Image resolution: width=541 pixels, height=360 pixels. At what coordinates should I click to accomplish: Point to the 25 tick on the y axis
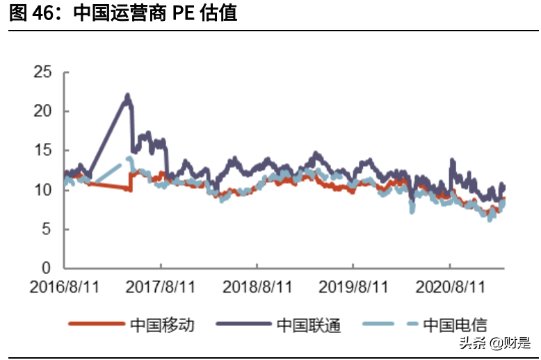click(x=42, y=72)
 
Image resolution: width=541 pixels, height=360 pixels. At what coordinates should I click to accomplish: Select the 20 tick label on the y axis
click(x=42, y=111)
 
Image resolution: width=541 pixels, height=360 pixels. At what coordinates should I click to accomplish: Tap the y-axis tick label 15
click(x=42, y=150)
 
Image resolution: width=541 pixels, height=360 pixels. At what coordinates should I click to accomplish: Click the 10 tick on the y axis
click(x=42, y=190)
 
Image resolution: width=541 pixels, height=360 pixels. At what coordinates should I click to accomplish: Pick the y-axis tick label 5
click(x=47, y=229)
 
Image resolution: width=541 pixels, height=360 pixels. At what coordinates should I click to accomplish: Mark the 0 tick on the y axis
click(x=47, y=268)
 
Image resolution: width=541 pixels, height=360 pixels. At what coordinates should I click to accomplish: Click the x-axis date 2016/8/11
click(x=64, y=286)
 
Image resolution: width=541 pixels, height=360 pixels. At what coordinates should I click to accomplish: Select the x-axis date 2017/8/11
click(x=161, y=286)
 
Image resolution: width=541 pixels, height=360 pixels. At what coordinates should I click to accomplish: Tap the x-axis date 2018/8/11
click(x=257, y=286)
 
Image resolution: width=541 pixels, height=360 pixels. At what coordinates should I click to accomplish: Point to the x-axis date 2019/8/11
click(x=353, y=286)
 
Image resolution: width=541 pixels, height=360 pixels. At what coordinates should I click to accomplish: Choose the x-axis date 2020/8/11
click(x=449, y=286)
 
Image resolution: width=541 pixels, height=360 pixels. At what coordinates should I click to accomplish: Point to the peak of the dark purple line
click(x=127, y=95)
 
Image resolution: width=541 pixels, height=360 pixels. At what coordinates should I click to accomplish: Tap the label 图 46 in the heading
click(x=31, y=13)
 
